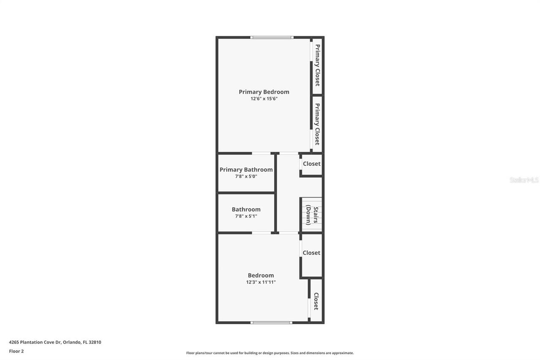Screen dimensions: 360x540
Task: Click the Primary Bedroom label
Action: tap(264, 92)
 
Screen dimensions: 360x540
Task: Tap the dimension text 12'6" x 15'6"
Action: tap(264, 99)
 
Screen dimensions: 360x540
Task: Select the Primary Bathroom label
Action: tap(246, 170)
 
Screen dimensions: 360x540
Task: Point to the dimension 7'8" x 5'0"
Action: tap(246, 176)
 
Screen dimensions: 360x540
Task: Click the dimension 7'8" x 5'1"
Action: tap(246, 216)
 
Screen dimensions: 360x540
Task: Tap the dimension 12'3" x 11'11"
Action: tap(261, 282)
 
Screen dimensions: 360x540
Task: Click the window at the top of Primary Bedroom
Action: tap(271, 38)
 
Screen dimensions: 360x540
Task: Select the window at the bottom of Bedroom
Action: tap(271, 322)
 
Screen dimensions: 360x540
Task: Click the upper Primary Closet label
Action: tap(317, 65)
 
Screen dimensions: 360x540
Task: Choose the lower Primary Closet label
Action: tap(317, 124)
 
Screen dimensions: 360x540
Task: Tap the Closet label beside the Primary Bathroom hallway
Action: tap(311, 164)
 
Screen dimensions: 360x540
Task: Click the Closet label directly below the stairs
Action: tap(311, 253)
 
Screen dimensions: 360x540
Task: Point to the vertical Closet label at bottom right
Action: tap(316, 301)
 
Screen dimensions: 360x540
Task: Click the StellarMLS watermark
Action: tap(524, 180)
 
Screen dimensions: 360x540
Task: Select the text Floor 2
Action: tap(16, 351)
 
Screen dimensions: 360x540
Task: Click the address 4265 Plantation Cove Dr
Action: tap(55, 342)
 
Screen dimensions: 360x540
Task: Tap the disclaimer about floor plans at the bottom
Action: tap(270, 353)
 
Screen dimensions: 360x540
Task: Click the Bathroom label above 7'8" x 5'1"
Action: tap(246, 209)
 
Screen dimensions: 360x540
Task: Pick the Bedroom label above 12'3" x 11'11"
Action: tap(261, 276)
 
